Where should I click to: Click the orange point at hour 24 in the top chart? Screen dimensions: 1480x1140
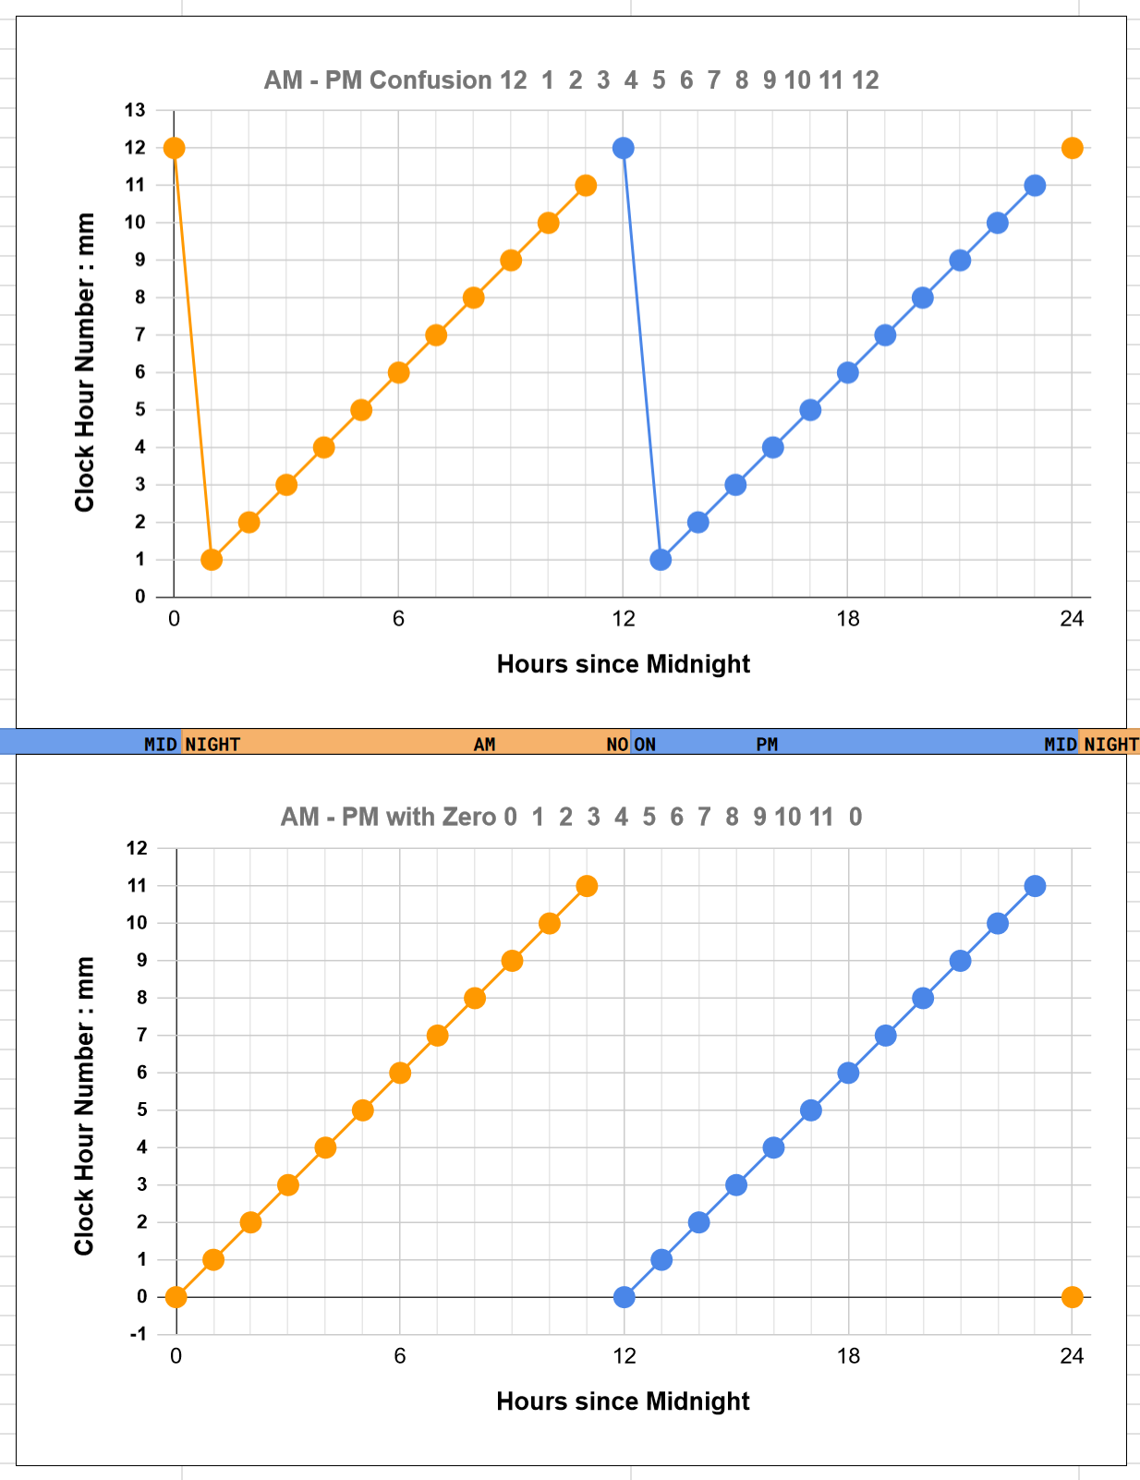(x=1072, y=148)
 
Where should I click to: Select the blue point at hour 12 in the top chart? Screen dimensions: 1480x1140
(x=623, y=148)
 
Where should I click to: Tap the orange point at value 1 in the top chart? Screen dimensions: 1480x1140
(x=212, y=559)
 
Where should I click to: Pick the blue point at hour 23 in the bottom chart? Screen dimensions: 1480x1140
(x=1035, y=886)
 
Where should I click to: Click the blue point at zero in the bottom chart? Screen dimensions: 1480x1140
(x=624, y=1297)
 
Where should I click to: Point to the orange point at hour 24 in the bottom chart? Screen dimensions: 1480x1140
(x=1072, y=1297)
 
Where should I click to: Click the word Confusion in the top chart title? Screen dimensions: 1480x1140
(x=431, y=80)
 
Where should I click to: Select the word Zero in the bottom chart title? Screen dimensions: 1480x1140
(x=472, y=817)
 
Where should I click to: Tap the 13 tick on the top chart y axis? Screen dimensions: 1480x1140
(x=135, y=110)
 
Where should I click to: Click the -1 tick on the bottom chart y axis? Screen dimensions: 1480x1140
(x=138, y=1334)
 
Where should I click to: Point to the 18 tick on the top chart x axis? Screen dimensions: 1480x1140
(x=847, y=619)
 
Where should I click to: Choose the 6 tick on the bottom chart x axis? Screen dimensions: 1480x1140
(x=400, y=1356)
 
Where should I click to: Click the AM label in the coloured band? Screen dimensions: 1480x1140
(x=484, y=745)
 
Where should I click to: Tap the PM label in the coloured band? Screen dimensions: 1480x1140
(x=767, y=745)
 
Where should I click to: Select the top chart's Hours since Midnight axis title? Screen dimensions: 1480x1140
(x=624, y=664)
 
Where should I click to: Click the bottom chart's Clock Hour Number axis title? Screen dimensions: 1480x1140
(x=84, y=1106)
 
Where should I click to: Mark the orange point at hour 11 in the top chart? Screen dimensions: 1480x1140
(x=585, y=186)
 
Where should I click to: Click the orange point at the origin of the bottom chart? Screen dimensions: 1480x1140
(x=176, y=1297)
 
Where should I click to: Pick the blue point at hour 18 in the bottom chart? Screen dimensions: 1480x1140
(x=848, y=1073)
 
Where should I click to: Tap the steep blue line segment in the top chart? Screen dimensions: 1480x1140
(x=642, y=354)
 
